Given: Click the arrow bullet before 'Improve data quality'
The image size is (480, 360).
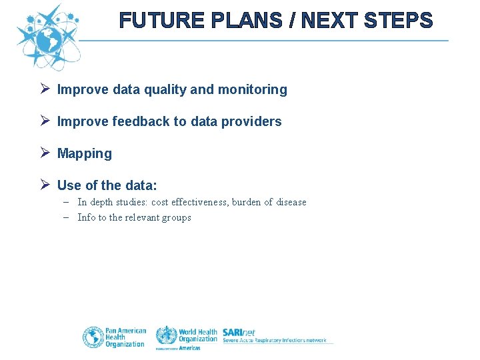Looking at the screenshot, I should point(45,89).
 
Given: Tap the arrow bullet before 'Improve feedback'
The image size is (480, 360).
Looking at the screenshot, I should point(45,121).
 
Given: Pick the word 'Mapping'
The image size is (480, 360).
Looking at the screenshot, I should point(85,153).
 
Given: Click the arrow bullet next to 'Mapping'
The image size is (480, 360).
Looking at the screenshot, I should point(45,153).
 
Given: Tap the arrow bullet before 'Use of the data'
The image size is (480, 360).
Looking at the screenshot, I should point(45,185).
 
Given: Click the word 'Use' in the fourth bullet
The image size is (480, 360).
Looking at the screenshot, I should point(68,185).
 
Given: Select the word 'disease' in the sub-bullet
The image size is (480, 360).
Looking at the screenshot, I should point(291,202).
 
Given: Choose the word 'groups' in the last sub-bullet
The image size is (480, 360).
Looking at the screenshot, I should point(176,217).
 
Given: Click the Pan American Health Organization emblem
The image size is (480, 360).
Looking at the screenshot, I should point(93,337).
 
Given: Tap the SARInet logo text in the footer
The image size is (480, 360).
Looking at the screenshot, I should point(239,332).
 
